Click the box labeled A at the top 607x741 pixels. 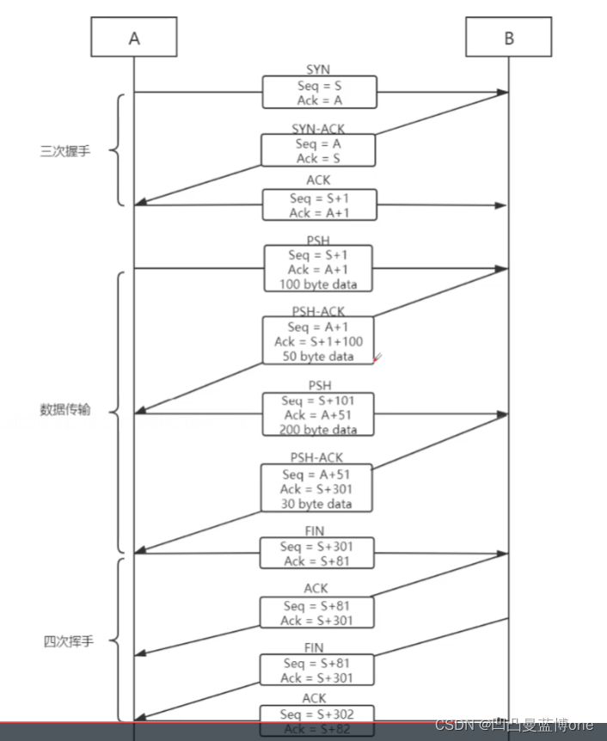pyautogui.click(x=133, y=38)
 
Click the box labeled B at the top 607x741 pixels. pyautogui.click(x=509, y=38)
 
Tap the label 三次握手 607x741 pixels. pyautogui.click(x=64, y=151)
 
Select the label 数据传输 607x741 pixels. pyautogui.click(x=64, y=410)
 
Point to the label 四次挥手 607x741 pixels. pyautogui.click(x=68, y=641)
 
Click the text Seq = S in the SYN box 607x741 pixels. pyautogui.click(x=319, y=85)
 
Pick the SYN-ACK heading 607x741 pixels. pyautogui.click(x=318, y=129)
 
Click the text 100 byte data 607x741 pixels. pyautogui.click(x=318, y=285)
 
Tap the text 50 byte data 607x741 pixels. pyautogui.click(x=318, y=356)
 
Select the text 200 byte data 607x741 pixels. pyautogui.click(x=318, y=429)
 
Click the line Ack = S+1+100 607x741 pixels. pyautogui.click(x=318, y=341)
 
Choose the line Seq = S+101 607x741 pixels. pyautogui.click(x=318, y=401)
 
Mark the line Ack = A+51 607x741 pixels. pyautogui.click(x=318, y=415)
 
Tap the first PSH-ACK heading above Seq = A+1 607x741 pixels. pyautogui.click(x=318, y=312)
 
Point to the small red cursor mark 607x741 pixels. pyautogui.click(x=377, y=357)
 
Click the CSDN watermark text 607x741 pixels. pyautogui.click(x=514, y=726)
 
